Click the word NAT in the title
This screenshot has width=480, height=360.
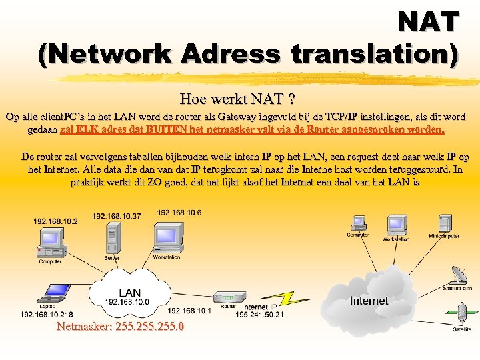427,22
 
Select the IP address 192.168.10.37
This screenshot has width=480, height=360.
117,215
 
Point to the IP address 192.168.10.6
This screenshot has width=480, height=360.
179,212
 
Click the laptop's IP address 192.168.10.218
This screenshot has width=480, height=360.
47,314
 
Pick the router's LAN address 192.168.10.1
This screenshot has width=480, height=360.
189,310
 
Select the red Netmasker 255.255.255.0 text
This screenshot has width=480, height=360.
121,327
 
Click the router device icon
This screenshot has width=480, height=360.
228,297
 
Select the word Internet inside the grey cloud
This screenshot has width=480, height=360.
369,301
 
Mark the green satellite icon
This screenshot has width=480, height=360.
461,313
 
